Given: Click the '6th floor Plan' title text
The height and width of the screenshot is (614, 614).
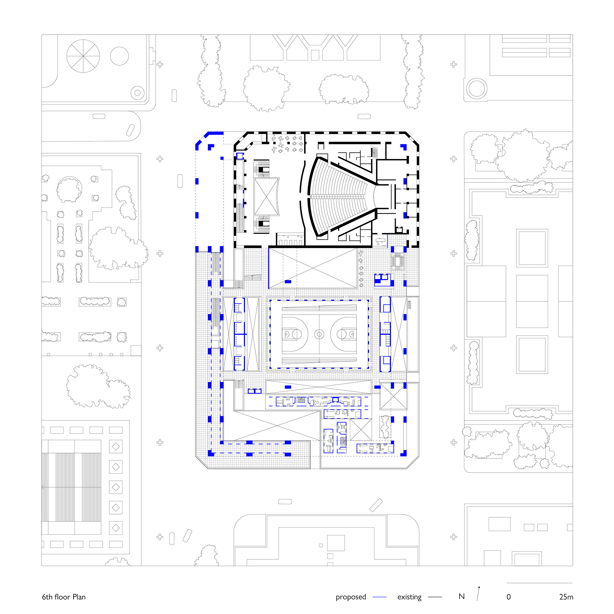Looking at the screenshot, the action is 64,597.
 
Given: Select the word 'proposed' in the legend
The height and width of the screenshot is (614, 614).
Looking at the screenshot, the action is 351,597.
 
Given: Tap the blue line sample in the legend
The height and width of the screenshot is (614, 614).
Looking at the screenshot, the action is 380,597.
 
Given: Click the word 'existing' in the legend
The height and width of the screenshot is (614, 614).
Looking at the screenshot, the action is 409,597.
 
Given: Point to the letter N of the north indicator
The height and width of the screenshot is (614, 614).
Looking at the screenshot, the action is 461,596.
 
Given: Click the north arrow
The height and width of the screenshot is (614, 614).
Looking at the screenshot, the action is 478,593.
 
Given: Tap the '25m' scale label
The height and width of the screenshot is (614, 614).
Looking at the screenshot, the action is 566,597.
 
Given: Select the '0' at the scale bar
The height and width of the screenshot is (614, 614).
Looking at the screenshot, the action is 508,597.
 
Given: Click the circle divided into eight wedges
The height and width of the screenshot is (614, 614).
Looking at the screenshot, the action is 83,56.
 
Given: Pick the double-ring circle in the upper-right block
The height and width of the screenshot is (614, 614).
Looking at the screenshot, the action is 476,88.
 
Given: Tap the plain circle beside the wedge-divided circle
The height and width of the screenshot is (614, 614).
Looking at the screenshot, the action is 119,56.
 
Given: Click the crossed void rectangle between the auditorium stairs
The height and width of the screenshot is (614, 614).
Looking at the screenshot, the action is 266,197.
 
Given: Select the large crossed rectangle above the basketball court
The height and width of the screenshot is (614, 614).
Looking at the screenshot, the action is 313,268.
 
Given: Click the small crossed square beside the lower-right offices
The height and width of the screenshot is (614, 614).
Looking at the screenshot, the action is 361,430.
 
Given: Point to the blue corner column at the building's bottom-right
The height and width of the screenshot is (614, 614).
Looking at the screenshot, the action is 404,453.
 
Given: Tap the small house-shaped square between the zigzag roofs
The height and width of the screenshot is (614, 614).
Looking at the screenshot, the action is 315,55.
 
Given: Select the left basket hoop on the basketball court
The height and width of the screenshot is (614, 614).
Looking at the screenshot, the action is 287,334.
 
